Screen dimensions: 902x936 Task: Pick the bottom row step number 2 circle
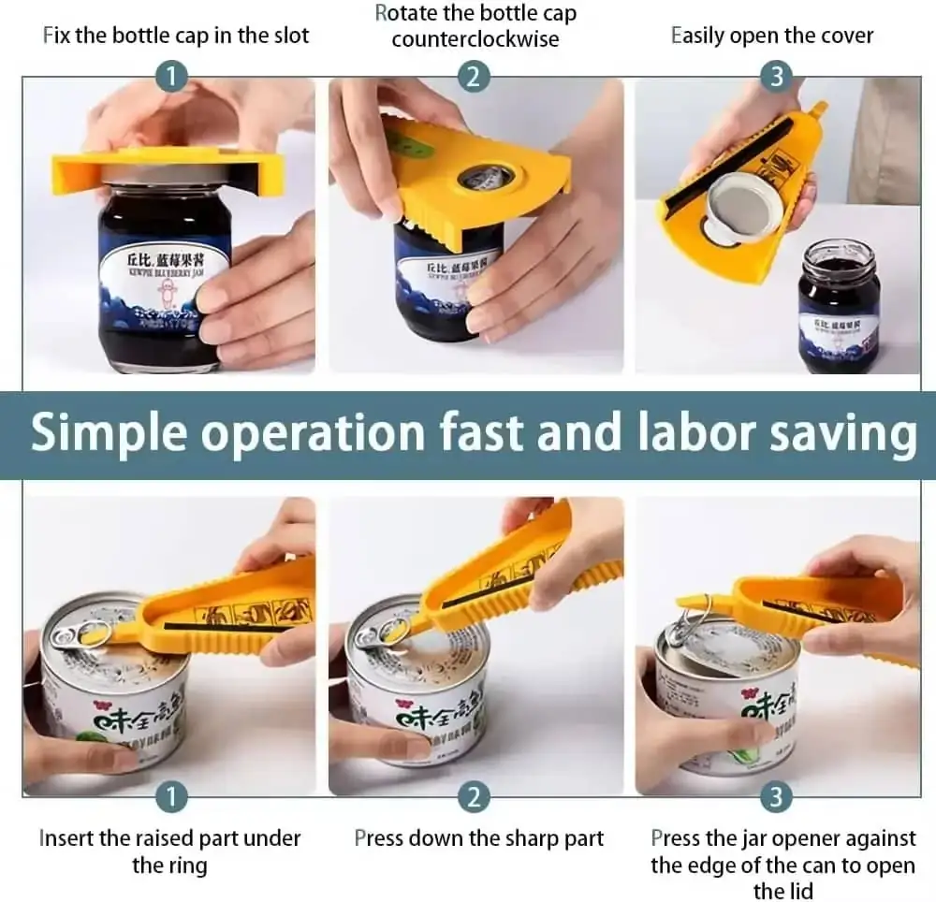[x=474, y=797]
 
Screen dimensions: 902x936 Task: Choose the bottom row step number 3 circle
[x=776, y=797]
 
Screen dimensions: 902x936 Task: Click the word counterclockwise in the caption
[x=475, y=39]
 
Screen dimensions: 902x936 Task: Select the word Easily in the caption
[x=697, y=36]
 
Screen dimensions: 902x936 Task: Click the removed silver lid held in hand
[x=732, y=208]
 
